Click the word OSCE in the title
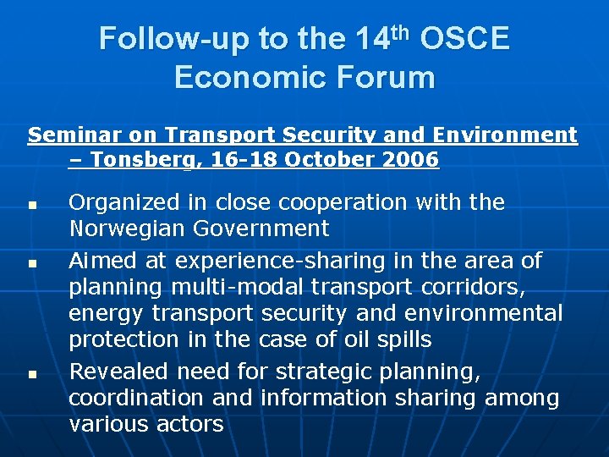pyautogui.click(x=464, y=39)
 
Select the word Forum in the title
pyautogui.click(x=392, y=78)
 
